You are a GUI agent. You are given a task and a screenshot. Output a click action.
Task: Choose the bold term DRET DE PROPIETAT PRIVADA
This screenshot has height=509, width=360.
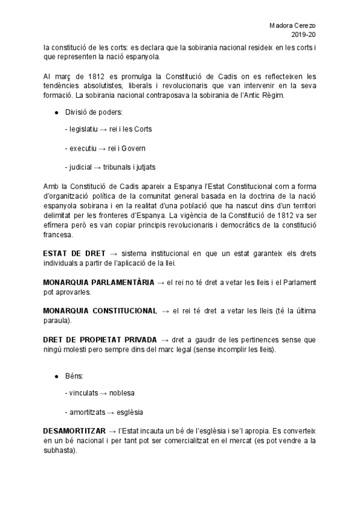click(x=101, y=339)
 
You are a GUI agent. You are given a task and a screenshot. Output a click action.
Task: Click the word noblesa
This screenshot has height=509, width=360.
click(x=122, y=393)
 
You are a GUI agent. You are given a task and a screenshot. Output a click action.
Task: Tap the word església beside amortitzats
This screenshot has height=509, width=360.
click(x=130, y=412)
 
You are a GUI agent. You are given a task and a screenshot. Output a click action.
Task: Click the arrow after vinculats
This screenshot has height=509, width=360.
click(x=103, y=393)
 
